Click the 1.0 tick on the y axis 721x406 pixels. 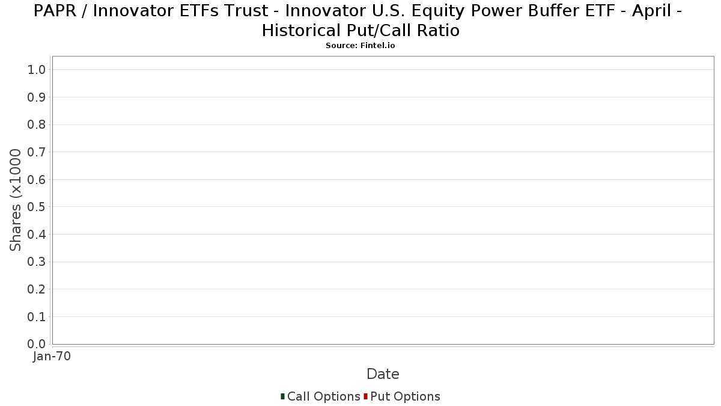[x=37, y=70]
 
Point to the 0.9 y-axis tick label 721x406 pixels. [x=37, y=97]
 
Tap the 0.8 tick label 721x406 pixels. [x=37, y=125]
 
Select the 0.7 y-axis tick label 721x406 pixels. [x=37, y=152]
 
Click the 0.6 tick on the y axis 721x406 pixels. [x=37, y=179]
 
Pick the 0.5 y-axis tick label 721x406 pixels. [x=37, y=207]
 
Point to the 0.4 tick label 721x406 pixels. [x=37, y=235]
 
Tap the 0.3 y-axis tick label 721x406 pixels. [x=37, y=262]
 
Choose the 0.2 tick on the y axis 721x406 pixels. [x=37, y=289]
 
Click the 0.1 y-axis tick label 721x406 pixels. [x=37, y=317]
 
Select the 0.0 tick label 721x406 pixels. [x=37, y=344]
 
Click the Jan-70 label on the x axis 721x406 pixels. [x=52, y=356]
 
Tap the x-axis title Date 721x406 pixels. [x=383, y=374]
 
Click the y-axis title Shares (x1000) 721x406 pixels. [x=16, y=200]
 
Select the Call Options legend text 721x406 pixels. [x=323, y=396]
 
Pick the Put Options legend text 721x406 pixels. [x=405, y=396]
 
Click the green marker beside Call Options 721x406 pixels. [x=282, y=396]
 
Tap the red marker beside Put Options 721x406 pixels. [x=366, y=396]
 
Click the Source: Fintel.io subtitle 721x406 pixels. [x=360, y=46]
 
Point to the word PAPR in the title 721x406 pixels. [x=55, y=11]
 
